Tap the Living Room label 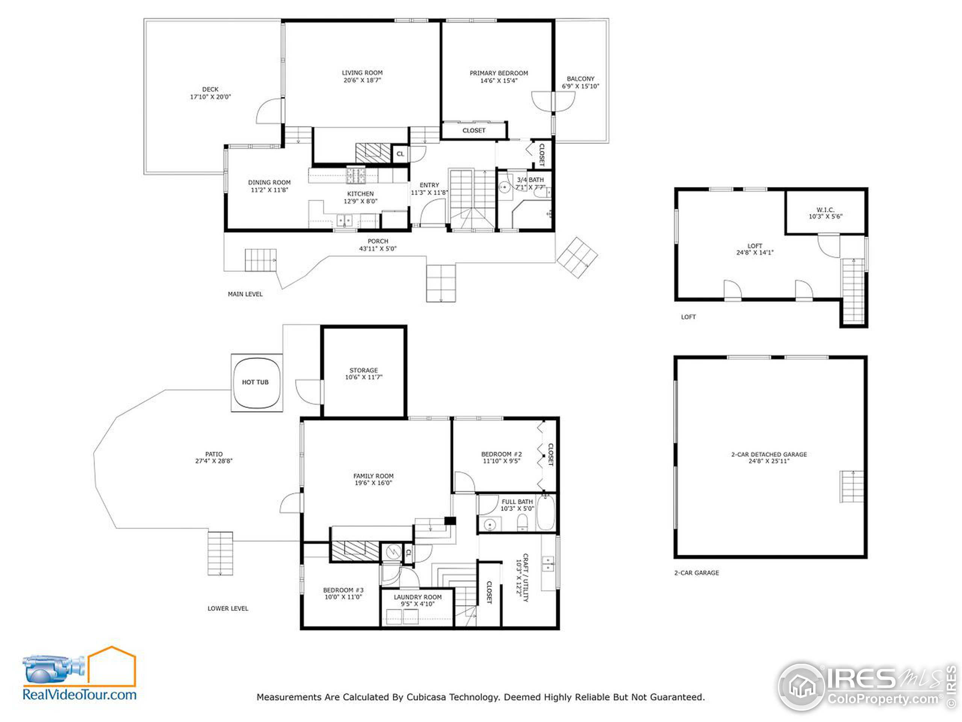(362, 73)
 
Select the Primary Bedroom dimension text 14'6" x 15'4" (499, 80)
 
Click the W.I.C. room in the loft (825, 213)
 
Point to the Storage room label (364, 370)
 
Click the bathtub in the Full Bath (546, 512)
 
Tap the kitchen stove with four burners (356, 176)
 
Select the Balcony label (581, 79)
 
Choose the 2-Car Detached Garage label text (769, 454)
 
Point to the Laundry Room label (417, 597)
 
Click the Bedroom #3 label (343, 590)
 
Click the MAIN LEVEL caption (245, 294)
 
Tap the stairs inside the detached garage (851, 487)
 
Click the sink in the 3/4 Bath (504, 187)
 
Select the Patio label (213, 454)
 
